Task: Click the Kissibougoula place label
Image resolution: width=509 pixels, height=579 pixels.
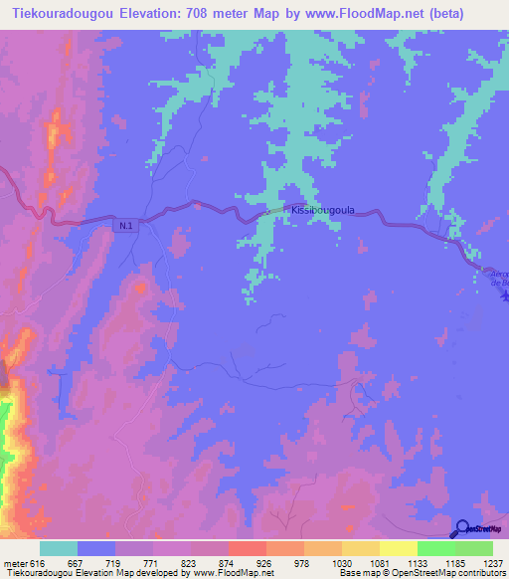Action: tap(320, 211)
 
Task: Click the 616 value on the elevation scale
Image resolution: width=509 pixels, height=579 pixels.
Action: tap(35, 562)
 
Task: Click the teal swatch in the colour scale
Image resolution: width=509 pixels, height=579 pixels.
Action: tap(59, 548)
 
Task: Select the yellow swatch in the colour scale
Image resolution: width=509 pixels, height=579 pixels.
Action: tap(399, 548)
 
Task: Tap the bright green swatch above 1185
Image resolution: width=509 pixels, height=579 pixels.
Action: tap(436, 548)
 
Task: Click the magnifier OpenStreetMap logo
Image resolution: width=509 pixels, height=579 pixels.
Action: tap(463, 529)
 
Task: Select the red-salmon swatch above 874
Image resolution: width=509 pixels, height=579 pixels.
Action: tap(248, 548)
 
